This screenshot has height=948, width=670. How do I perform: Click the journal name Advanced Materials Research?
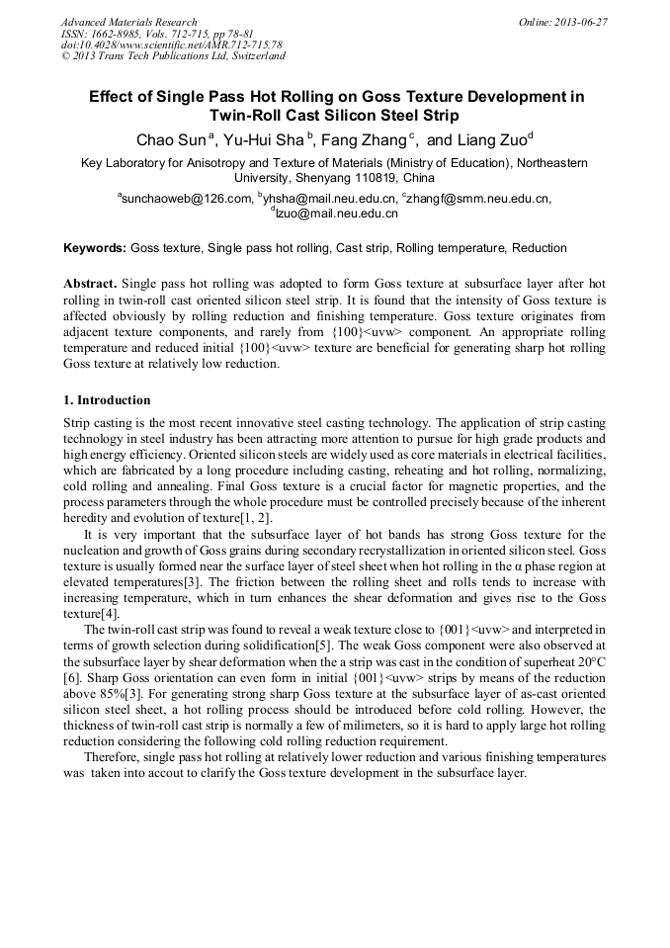pyautogui.click(x=129, y=22)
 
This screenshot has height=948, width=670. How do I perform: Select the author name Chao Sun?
pyautogui.click(x=171, y=137)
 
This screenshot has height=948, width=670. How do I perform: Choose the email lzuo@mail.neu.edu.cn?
pyautogui.click(x=337, y=213)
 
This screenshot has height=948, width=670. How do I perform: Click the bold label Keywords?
pyautogui.click(x=95, y=247)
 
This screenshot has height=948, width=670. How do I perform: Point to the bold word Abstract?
pyautogui.click(x=91, y=283)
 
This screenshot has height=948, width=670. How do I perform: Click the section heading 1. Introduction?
pyautogui.click(x=107, y=400)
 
